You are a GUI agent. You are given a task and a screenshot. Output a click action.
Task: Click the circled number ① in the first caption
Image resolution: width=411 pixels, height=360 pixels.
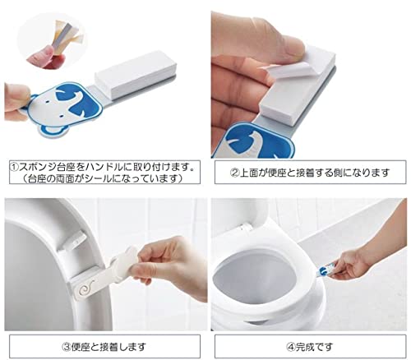click(14, 167)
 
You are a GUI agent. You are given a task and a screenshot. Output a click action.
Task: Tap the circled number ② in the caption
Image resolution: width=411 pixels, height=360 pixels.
click(235, 173)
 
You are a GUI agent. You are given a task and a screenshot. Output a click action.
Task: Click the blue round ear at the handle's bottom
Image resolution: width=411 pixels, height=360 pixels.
click(53, 132)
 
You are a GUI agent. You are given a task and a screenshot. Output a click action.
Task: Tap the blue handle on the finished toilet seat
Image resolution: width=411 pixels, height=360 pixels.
click(326, 270)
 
